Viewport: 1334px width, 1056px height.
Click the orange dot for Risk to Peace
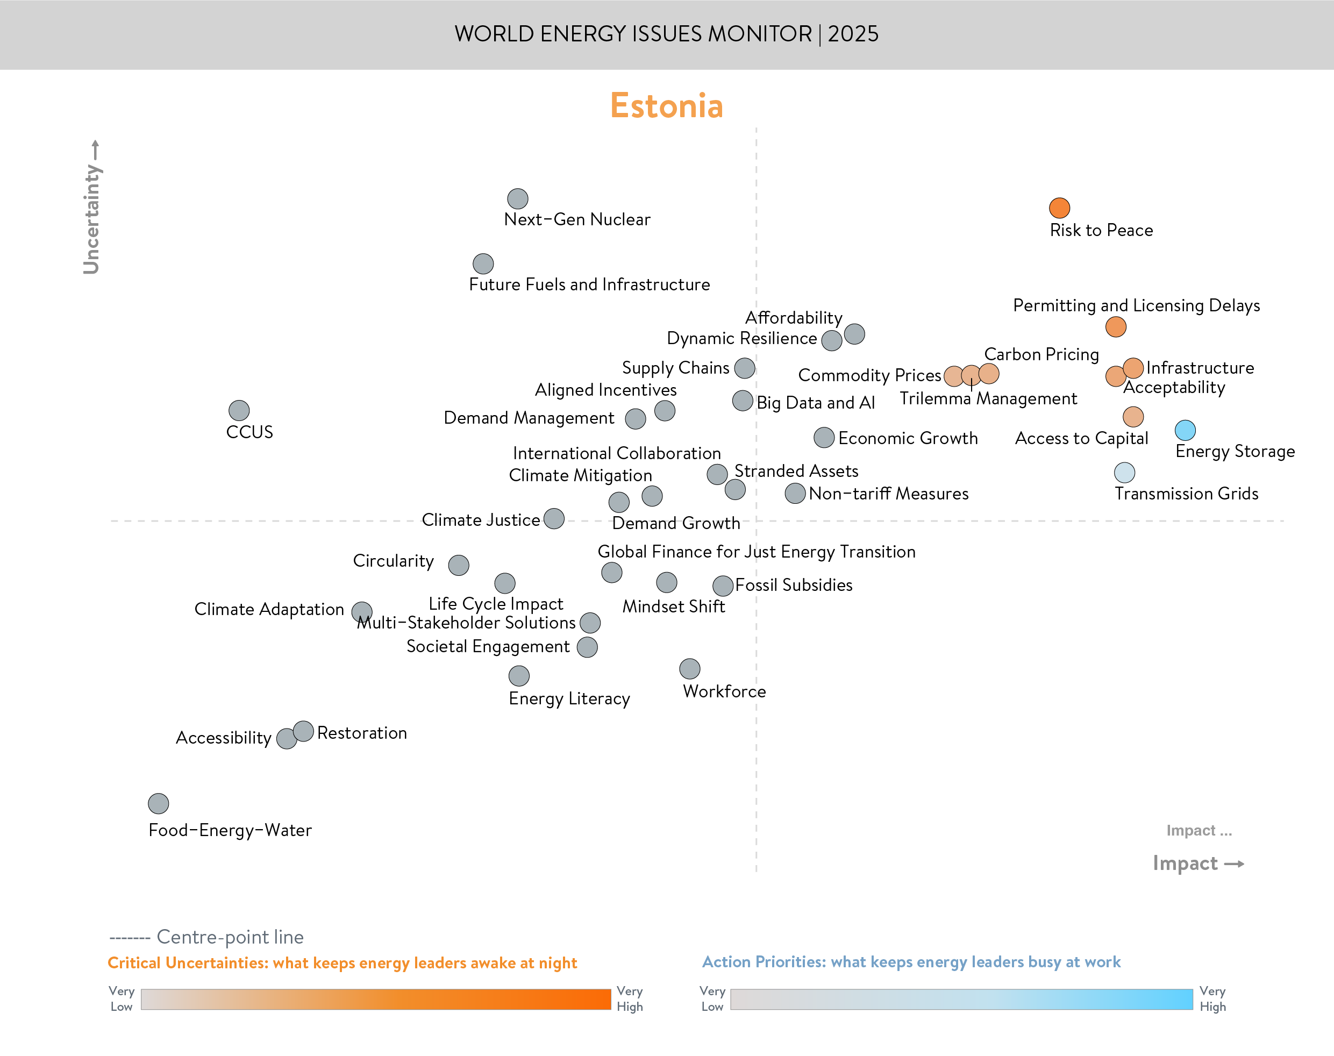[x=1060, y=208]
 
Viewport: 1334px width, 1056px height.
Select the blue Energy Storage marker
[x=1185, y=430]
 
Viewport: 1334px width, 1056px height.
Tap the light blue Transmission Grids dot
[x=1124, y=473]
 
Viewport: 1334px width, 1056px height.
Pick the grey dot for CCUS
[x=239, y=410]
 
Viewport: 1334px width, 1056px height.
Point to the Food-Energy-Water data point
[x=158, y=803]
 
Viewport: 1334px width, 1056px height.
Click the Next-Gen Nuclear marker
[x=517, y=198]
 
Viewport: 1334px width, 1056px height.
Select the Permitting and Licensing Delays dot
[x=1116, y=326]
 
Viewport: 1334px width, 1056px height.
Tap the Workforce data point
[x=690, y=668]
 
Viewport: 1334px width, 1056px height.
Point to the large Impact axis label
[x=1185, y=862]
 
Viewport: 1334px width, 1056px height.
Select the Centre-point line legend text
[x=230, y=937]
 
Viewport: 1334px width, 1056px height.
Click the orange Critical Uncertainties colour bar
[x=375, y=999]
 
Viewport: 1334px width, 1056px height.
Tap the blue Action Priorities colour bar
[x=961, y=999]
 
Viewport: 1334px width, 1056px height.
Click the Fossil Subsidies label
[x=794, y=585]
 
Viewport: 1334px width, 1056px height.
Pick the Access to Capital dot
[x=1133, y=417]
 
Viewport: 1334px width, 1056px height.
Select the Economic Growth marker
[x=824, y=438]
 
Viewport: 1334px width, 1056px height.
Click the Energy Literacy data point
[x=519, y=676]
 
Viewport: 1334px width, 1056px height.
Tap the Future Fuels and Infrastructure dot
[x=483, y=264]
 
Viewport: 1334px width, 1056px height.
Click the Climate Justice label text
[x=481, y=520]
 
